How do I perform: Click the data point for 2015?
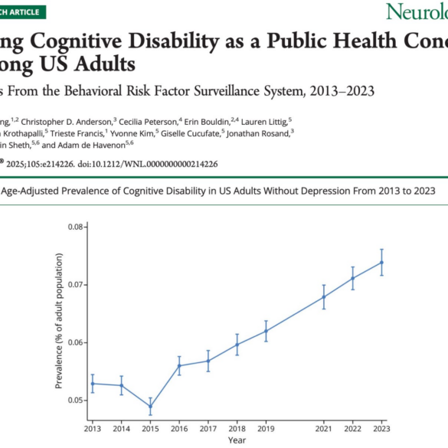point(150,406)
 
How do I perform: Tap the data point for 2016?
point(179,365)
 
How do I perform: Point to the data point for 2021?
point(324,296)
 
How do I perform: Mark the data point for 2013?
point(93,383)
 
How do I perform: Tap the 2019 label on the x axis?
point(266,427)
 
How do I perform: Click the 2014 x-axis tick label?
point(121,427)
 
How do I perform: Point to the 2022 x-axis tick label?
point(352,427)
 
